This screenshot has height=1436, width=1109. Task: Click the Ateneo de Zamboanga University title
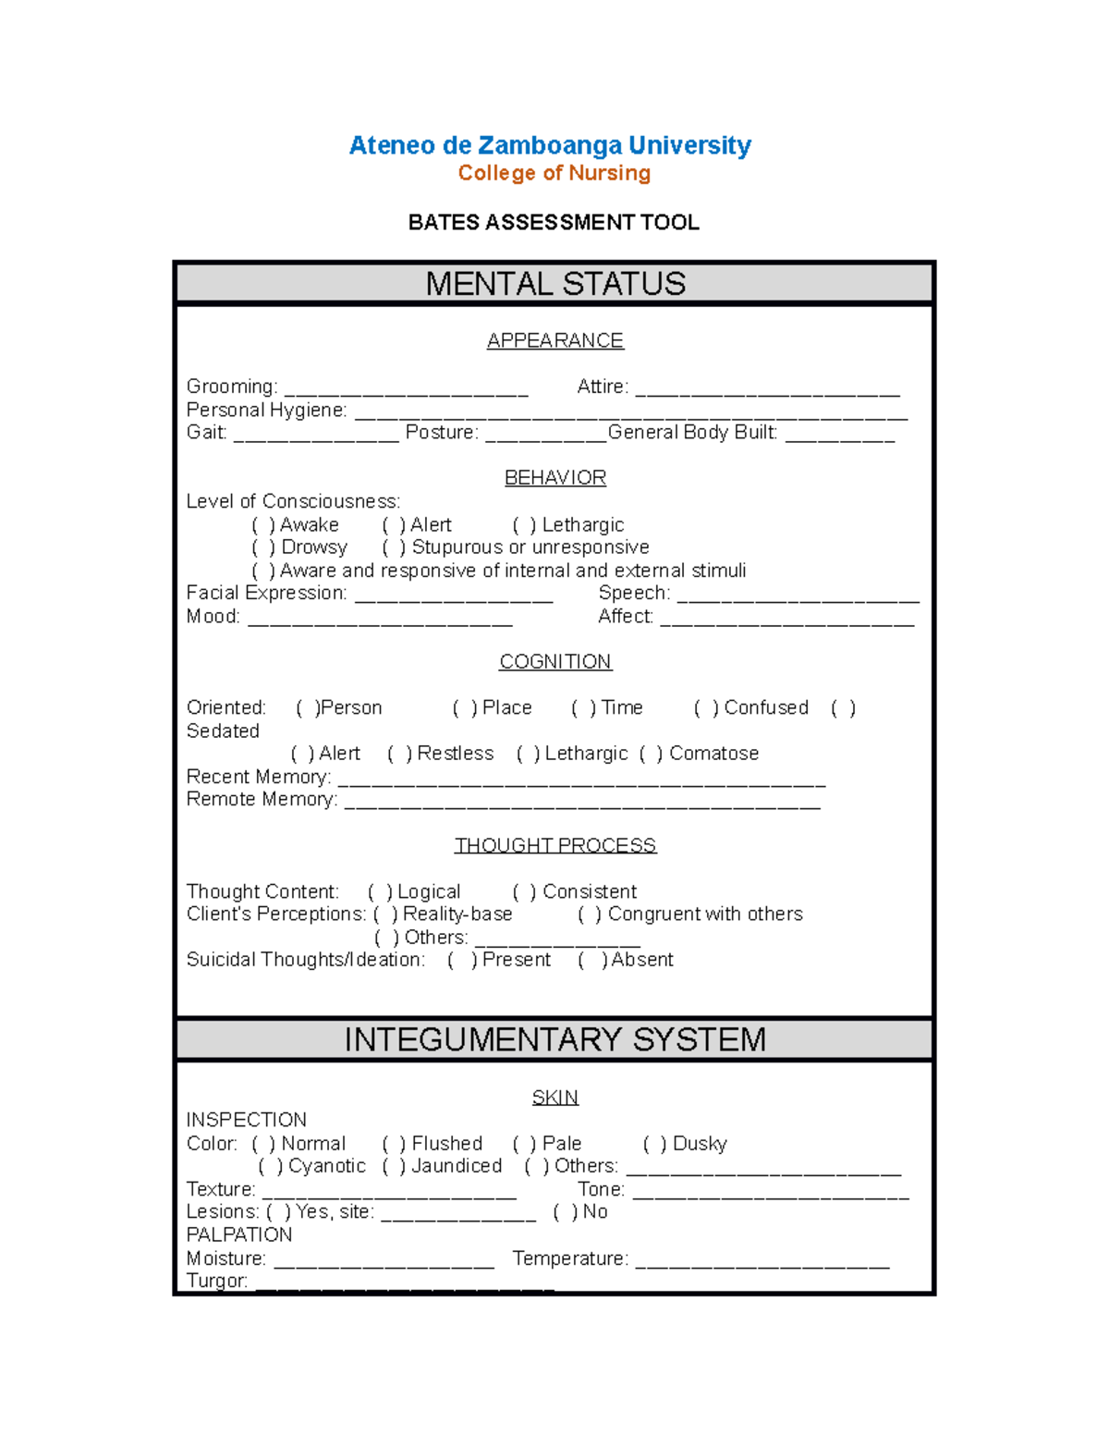click(x=550, y=145)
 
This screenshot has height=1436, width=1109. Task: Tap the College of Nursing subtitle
click(x=554, y=173)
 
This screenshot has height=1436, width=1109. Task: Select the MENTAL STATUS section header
click(x=554, y=284)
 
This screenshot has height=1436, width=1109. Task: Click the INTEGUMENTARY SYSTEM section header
click(x=554, y=1039)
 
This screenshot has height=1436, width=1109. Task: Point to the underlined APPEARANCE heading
click(x=554, y=340)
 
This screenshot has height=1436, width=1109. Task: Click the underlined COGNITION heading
click(x=554, y=662)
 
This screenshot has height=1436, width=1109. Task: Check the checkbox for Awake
click(x=263, y=525)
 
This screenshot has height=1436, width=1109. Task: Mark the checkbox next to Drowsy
click(x=263, y=547)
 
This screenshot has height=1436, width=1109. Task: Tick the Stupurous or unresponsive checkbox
click(x=394, y=547)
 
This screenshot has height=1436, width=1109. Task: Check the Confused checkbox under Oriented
click(x=706, y=708)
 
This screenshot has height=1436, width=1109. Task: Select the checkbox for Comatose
click(x=651, y=754)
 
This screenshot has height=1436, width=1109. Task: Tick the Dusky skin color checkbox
click(x=654, y=1144)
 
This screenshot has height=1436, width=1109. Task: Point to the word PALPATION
click(x=239, y=1234)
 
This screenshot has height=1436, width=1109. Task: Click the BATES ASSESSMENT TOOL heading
click(x=554, y=222)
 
